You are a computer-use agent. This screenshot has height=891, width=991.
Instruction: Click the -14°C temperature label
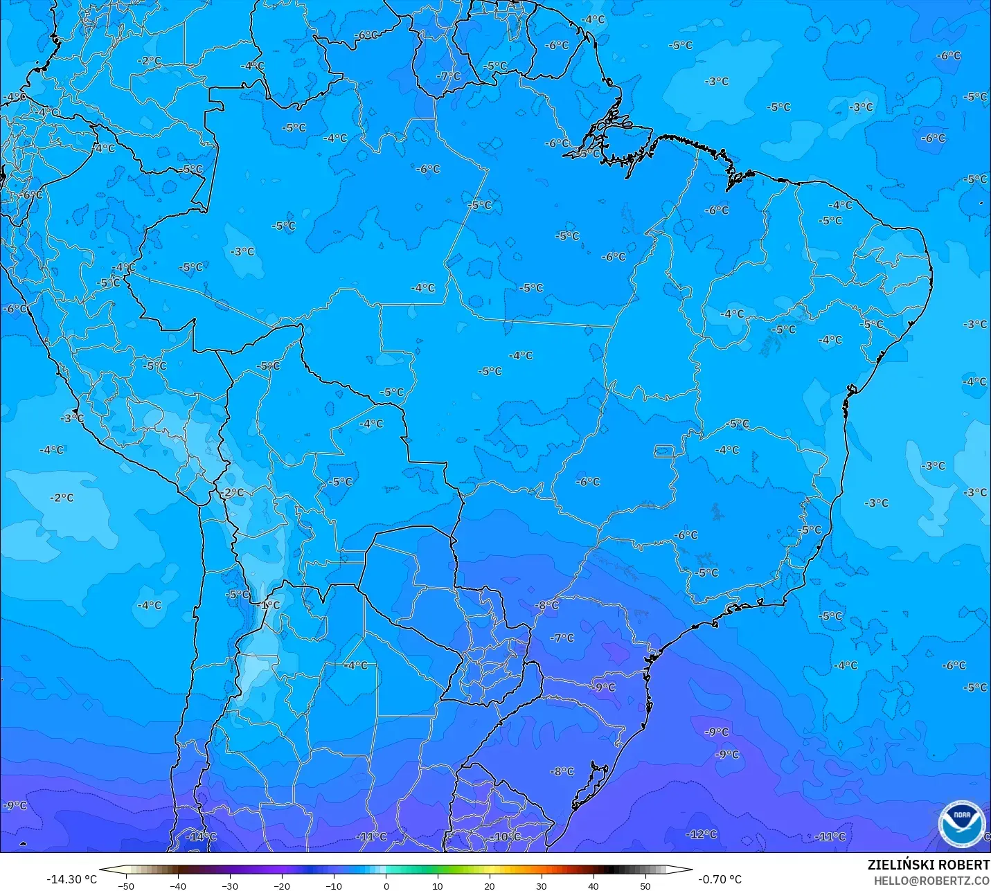tap(201, 836)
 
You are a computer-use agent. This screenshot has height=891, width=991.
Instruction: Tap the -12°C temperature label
tap(701, 834)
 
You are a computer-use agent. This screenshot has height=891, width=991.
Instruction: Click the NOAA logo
tap(962, 823)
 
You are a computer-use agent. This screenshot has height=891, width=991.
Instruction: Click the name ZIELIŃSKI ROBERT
tap(929, 865)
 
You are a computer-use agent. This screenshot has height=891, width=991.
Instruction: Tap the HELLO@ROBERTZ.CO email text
tap(931, 881)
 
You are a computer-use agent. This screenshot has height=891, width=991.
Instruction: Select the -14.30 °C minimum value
tap(71, 879)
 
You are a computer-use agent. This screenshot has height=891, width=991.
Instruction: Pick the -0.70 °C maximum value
tap(720, 879)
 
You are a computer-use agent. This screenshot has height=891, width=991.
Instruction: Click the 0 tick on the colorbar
tap(386, 885)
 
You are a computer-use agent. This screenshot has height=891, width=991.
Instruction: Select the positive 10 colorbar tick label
tap(438, 885)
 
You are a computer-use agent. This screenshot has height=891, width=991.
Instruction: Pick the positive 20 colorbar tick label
tap(490, 885)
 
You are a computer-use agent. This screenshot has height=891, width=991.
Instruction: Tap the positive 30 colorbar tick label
tap(542, 885)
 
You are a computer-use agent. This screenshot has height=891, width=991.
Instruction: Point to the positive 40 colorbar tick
tap(593, 885)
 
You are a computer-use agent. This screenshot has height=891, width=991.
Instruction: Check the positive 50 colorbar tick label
tap(645, 885)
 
